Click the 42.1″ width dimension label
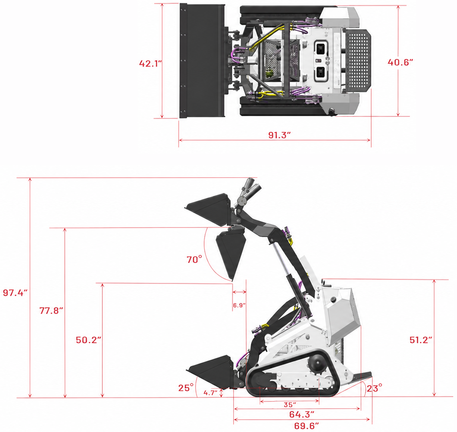(x=150, y=63)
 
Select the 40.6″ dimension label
(x=400, y=62)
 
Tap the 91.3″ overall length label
(x=279, y=135)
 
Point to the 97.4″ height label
(x=15, y=293)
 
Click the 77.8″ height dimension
(x=51, y=311)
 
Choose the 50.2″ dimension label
(x=88, y=340)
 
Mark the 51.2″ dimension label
(x=421, y=340)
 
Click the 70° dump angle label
(x=194, y=259)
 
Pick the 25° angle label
(x=186, y=388)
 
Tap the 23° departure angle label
(x=375, y=388)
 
